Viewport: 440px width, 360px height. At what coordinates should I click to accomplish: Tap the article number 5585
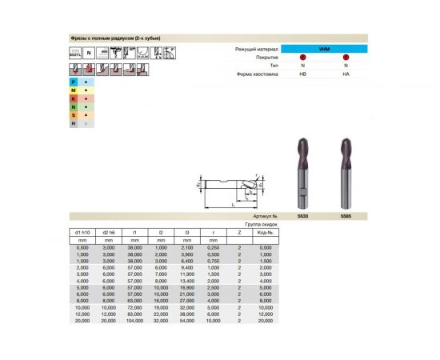tap(346, 216)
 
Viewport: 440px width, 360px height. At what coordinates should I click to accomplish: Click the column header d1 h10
tap(82, 232)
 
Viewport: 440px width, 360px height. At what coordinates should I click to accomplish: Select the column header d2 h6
tap(110, 232)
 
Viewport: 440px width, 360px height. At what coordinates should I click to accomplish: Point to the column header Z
tap(239, 232)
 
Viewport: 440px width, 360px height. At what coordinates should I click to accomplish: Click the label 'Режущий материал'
tap(256, 50)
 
